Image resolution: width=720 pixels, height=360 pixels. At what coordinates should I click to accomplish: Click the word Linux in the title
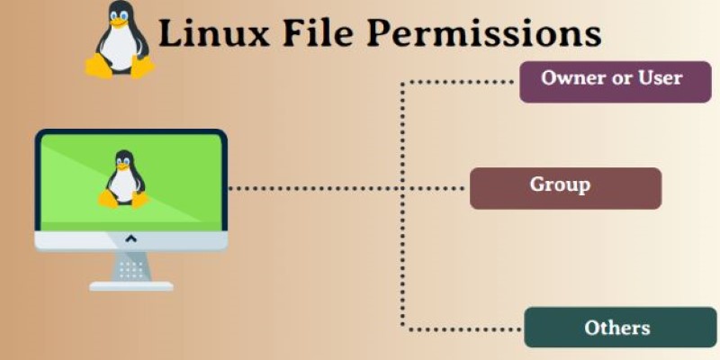[x=213, y=33]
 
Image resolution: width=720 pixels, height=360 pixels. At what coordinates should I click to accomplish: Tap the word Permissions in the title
[x=483, y=33]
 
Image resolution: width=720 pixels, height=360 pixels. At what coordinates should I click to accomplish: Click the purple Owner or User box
[x=616, y=82]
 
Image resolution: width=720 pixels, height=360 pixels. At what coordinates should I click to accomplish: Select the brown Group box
[x=566, y=188]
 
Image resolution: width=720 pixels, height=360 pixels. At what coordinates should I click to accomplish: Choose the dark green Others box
[x=620, y=328]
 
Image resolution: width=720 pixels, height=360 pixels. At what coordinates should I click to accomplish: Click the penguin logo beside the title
[x=121, y=40]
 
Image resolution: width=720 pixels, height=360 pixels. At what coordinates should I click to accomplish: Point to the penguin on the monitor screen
[x=123, y=179]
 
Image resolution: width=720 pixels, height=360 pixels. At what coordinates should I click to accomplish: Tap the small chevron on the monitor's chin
[x=130, y=238]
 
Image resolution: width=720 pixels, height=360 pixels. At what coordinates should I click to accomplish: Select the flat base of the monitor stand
[x=131, y=286]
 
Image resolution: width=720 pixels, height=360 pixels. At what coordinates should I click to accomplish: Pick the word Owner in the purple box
[x=571, y=78]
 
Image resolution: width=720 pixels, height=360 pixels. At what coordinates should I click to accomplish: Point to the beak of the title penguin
[x=119, y=22]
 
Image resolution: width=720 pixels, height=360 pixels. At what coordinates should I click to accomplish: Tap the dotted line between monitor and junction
[x=314, y=188]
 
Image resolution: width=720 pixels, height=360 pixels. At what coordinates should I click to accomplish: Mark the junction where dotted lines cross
[x=402, y=188]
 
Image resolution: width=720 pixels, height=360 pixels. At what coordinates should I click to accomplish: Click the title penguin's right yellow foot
[x=143, y=67]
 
